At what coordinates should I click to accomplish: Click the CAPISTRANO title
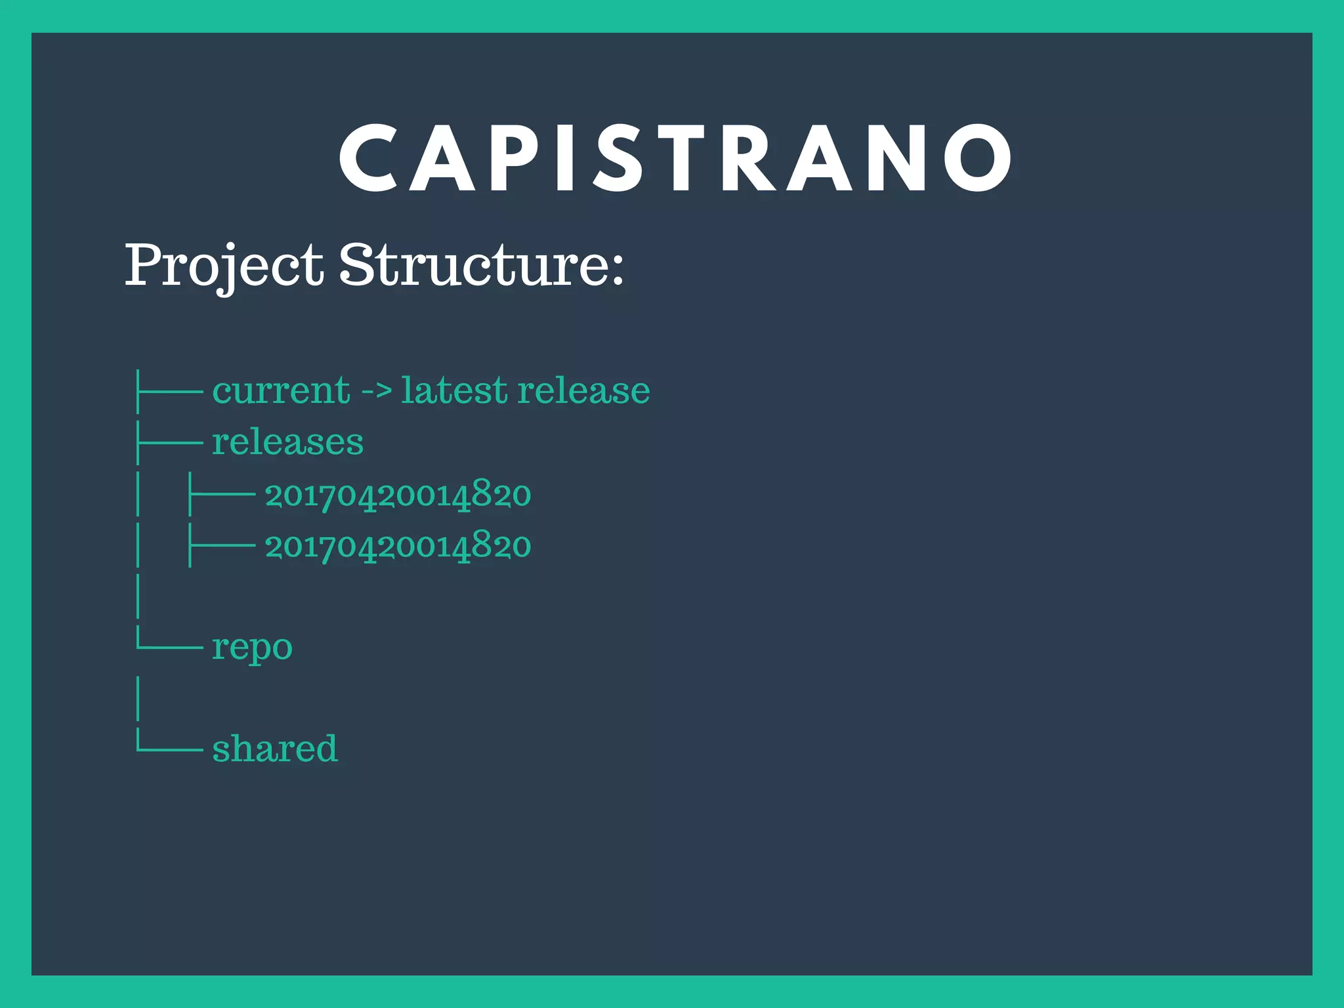(676, 158)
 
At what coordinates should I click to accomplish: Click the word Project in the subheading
(224, 265)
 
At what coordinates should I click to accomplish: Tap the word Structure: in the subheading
(481, 265)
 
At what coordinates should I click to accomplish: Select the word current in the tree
(281, 391)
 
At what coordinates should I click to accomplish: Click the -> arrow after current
(377, 391)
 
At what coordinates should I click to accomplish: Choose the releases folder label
(287, 442)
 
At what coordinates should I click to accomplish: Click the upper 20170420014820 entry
(398, 494)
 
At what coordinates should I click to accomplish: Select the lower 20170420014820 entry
(398, 546)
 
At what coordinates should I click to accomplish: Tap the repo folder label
(252, 648)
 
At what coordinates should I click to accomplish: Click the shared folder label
(274, 748)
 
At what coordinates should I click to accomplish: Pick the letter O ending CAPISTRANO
(978, 158)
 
